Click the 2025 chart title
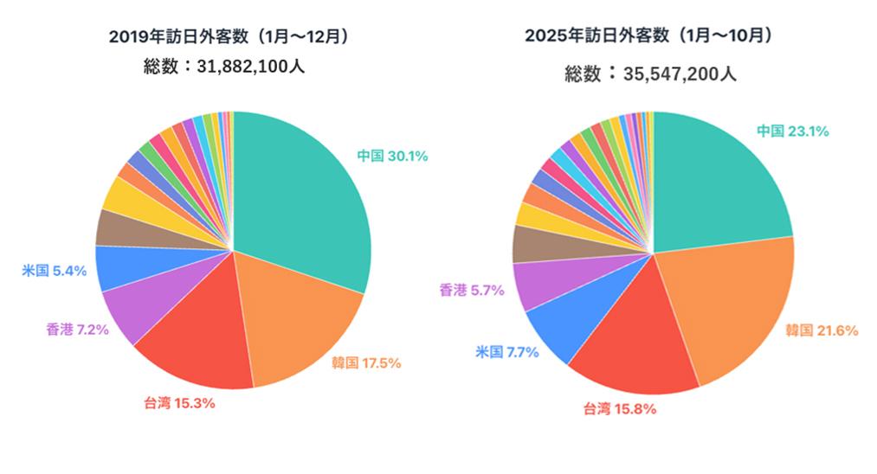pos(648,35)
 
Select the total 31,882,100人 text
pos(224,66)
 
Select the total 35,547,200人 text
pos(650,74)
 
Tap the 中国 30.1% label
pos(392,156)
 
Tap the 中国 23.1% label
pos(793,131)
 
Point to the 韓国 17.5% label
pos(366,362)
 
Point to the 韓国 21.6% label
pos(822,330)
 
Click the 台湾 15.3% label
pos(179,402)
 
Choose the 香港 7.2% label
pos(77,330)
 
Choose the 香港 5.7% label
pos(472,291)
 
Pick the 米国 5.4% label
pos(54,271)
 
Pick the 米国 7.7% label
pos(507,351)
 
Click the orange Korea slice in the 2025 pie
pos(736,303)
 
